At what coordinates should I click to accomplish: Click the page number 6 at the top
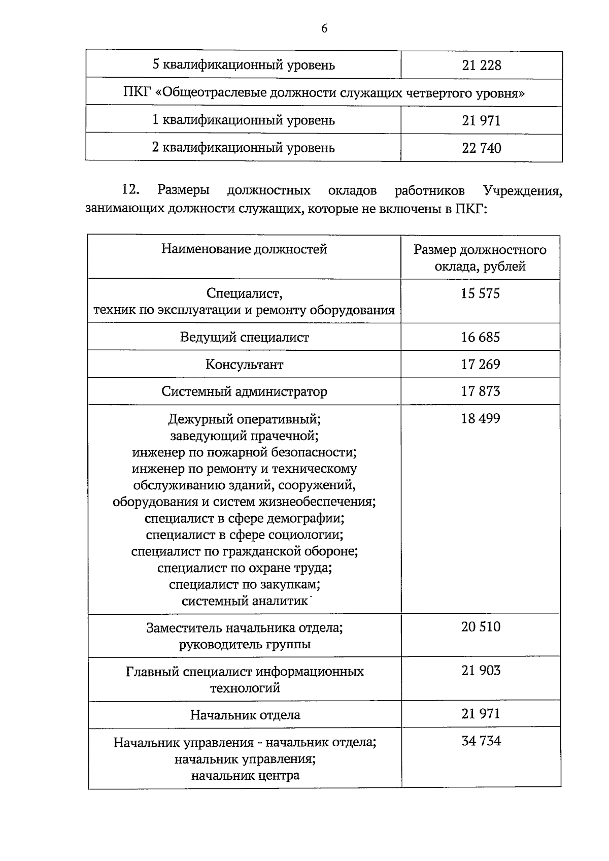coord(324,29)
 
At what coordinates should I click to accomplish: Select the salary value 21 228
coord(481,65)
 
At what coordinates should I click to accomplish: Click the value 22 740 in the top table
coord(481,148)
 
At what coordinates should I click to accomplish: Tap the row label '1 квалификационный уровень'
coord(244,120)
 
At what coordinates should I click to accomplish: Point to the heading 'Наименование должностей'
coord(244,249)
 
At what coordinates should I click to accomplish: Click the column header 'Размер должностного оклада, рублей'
coord(480,258)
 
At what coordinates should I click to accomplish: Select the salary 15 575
coord(480,293)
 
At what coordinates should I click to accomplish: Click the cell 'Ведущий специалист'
coord(244,338)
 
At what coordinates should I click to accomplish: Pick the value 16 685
coord(480,337)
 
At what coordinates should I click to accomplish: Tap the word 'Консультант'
coord(244,365)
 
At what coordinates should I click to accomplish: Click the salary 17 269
coord(480,365)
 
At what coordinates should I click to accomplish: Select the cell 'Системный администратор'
coord(244,392)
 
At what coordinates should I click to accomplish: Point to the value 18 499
coord(480,419)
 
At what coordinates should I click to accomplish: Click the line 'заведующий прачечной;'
coord(244,436)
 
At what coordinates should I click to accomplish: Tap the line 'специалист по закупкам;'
coord(244,584)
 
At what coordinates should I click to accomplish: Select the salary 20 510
coord(480,627)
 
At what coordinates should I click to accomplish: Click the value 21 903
coord(480,671)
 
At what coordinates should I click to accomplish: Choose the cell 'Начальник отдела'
coord(245,715)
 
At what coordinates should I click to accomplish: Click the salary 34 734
coord(481,741)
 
